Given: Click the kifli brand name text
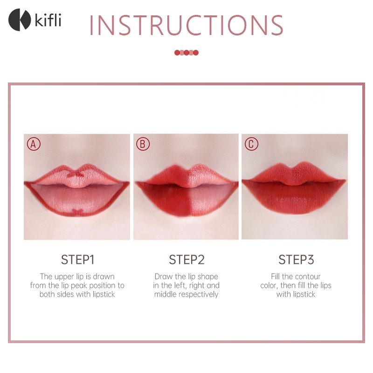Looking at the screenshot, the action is (x=48, y=20).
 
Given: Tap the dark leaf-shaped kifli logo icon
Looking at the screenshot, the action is (x=20, y=20).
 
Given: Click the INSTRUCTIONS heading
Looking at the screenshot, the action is (x=186, y=25).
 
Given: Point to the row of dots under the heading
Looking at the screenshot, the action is (x=186, y=53).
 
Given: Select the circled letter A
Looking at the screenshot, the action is (x=34, y=144).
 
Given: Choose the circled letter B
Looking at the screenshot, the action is (x=143, y=144).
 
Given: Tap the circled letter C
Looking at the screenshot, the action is (x=251, y=144).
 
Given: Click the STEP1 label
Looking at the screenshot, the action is (x=77, y=260).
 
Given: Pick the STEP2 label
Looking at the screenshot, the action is (x=186, y=260).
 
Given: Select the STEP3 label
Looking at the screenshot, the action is (x=296, y=260).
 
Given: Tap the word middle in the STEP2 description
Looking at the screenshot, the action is (x=166, y=295).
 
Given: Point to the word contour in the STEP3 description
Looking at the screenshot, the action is (x=308, y=276).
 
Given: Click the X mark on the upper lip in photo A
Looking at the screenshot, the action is (x=76, y=174).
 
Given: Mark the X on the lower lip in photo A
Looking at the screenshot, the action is (x=77, y=212).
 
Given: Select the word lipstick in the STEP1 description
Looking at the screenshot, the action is (x=104, y=295).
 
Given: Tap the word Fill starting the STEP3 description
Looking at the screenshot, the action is (x=275, y=276).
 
